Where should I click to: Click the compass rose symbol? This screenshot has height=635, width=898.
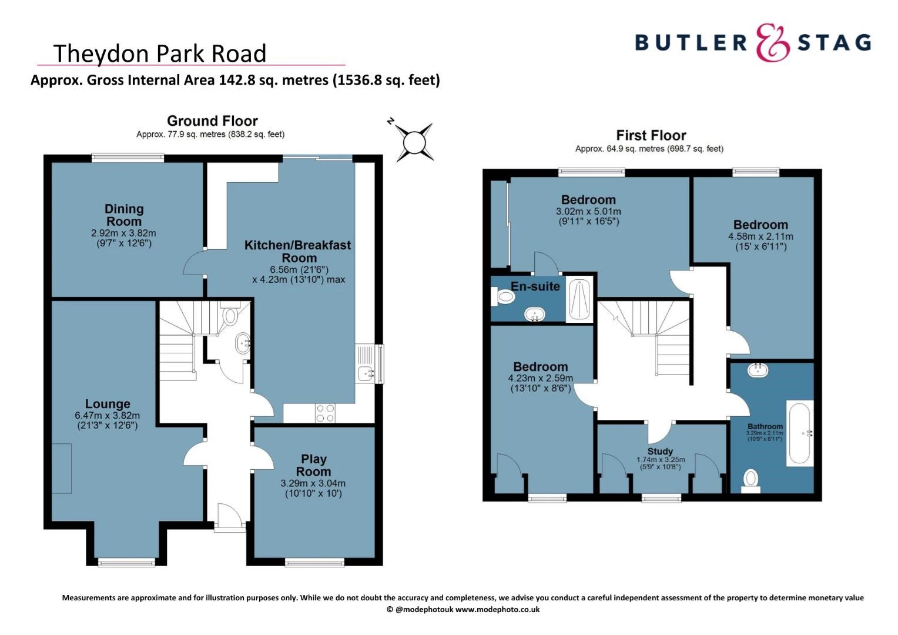[x=414, y=142]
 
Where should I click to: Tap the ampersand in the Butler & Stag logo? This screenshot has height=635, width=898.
[x=772, y=43]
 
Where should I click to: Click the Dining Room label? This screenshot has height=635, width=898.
[x=123, y=215]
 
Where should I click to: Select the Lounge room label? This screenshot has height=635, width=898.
[x=108, y=404]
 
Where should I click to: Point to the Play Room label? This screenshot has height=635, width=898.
[x=313, y=465]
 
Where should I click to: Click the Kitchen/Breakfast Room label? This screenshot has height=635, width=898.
[x=298, y=252]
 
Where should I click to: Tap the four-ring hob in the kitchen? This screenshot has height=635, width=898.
[x=325, y=413]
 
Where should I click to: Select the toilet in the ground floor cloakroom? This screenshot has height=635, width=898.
[x=230, y=316]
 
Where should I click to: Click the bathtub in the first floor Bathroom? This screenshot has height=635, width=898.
[x=800, y=433]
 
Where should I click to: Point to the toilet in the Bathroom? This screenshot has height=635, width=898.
[x=750, y=479]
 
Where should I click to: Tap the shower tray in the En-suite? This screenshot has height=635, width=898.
[x=579, y=300]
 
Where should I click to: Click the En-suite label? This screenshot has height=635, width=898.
[x=535, y=286]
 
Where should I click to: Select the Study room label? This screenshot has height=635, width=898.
[x=660, y=451]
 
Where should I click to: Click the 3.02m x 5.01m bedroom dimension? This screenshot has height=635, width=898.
[x=588, y=212]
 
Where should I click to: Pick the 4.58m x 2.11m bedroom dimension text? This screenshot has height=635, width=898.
[x=760, y=237]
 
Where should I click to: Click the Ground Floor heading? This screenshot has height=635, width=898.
[x=212, y=121]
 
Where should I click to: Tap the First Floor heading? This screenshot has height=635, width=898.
[x=651, y=135]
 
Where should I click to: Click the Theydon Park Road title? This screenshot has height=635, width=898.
[x=160, y=54]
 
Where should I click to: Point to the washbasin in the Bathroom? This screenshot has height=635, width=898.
[x=758, y=370]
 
